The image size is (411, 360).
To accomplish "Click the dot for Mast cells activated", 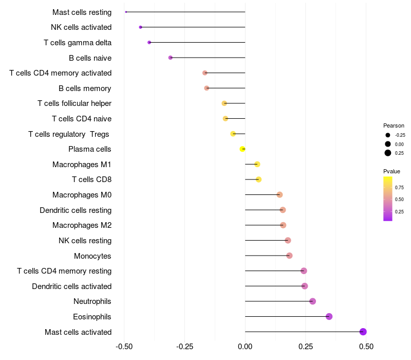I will pyautogui.click(x=363, y=332).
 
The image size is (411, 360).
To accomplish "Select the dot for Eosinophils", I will pyautogui.click(x=329, y=316).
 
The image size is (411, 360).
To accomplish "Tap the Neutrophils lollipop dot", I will pyautogui.click(x=312, y=301).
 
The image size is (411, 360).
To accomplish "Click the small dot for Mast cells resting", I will pyautogui.click(x=126, y=12).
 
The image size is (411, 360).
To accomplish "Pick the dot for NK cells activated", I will pyautogui.click(x=140, y=27).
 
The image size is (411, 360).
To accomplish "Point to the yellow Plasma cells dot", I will pyautogui.click(x=242, y=149).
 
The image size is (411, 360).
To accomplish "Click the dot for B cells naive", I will pyautogui.click(x=171, y=58).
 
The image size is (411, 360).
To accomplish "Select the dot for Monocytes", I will pyautogui.click(x=289, y=256).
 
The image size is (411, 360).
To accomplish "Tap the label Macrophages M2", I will pyautogui.click(x=82, y=225).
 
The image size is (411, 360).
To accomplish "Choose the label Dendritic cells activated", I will pyautogui.click(x=71, y=286).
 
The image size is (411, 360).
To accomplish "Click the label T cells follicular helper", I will pyautogui.click(x=74, y=103).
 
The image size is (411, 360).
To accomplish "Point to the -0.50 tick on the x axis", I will pyautogui.click(x=124, y=347).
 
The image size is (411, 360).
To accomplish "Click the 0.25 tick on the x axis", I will pyautogui.click(x=306, y=347).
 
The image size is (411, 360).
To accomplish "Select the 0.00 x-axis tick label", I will pyautogui.click(x=245, y=347).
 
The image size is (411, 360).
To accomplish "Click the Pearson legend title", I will pyautogui.click(x=394, y=125).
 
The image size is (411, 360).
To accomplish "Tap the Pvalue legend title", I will pyautogui.click(x=391, y=171).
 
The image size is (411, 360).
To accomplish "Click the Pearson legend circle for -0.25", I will pyautogui.click(x=388, y=135).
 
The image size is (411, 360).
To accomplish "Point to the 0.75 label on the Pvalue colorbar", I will pyautogui.click(x=399, y=187).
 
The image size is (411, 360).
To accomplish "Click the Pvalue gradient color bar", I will pyautogui.click(x=388, y=199).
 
